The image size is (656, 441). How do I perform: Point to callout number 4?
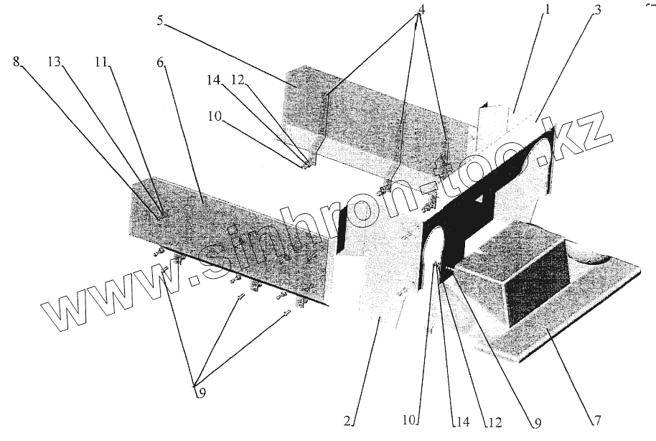421,11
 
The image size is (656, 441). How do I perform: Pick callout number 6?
161,62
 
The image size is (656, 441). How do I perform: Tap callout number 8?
17,62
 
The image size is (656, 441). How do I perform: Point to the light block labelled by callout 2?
380,273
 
